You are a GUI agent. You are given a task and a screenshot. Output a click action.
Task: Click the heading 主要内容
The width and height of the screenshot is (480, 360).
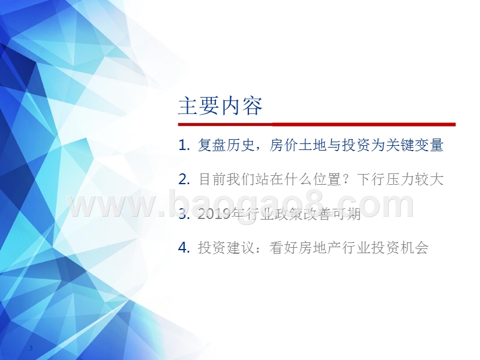pos(220,106)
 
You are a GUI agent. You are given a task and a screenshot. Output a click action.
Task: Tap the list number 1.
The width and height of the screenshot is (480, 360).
pos(183,145)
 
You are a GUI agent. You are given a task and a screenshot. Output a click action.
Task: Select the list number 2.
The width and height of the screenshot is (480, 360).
pos(183,179)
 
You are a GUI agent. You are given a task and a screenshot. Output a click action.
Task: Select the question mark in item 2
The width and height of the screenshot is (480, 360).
pos(347,179)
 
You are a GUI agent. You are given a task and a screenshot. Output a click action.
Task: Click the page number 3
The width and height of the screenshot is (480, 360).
pos(31,349)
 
